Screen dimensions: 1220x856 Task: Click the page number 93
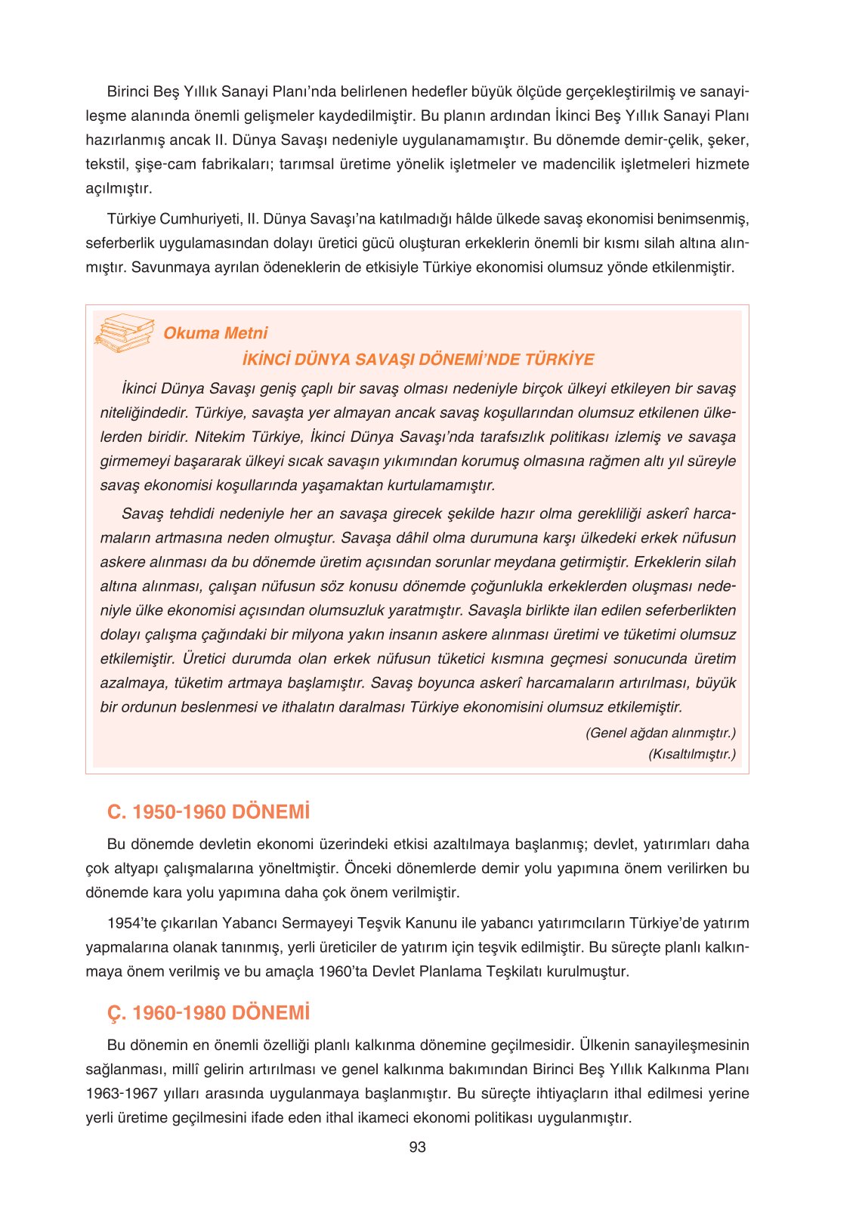pos(417,1147)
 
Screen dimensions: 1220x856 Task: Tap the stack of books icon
pos(124,333)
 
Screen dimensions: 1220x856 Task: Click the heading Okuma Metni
pos(215,333)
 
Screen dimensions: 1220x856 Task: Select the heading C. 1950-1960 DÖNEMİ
pos(209,812)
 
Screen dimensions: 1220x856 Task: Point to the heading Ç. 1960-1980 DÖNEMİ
pos(209,1013)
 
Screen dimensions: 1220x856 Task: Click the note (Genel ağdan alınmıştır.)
pos(660,733)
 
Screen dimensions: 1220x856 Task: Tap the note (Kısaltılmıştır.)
pos(692,754)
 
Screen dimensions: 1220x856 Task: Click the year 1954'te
pos(130,923)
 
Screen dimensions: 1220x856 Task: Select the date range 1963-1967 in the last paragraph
pos(122,1093)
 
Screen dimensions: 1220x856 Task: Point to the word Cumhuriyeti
pos(200,219)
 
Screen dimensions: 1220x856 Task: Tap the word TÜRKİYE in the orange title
pos(559,360)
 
